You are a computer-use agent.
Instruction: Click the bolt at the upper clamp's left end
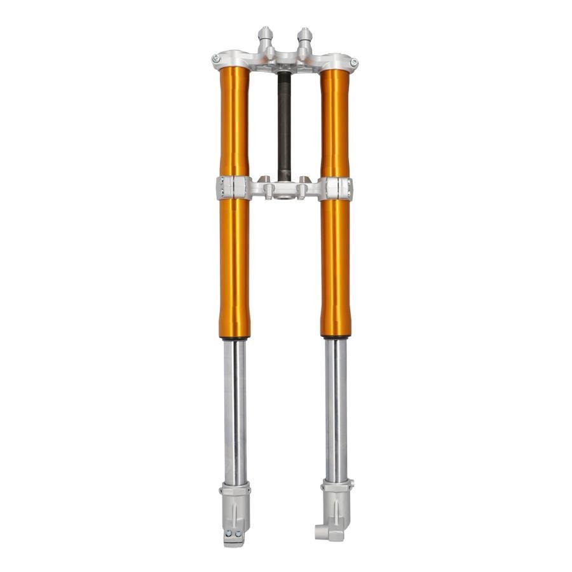pyautogui.click(x=216, y=58)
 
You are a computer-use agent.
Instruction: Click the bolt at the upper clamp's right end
pyautogui.click(x=353, y=62)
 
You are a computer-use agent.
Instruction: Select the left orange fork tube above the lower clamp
pyautogui.click(x=234, y=121)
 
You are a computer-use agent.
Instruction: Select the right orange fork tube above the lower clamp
pyautogui.click(x=335, y=121)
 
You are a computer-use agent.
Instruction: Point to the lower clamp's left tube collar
pyautogui.click(x=233, y=188)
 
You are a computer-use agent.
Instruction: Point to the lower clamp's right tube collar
pyautogui.click(x=336, y=189)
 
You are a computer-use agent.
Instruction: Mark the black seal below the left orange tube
pyautogui.click(x=235, y=338)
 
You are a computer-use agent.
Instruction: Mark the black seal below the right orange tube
pyautogui.click(x=336, y=336)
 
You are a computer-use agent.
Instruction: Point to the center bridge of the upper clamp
pyautogui.click(x=285, y=61)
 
